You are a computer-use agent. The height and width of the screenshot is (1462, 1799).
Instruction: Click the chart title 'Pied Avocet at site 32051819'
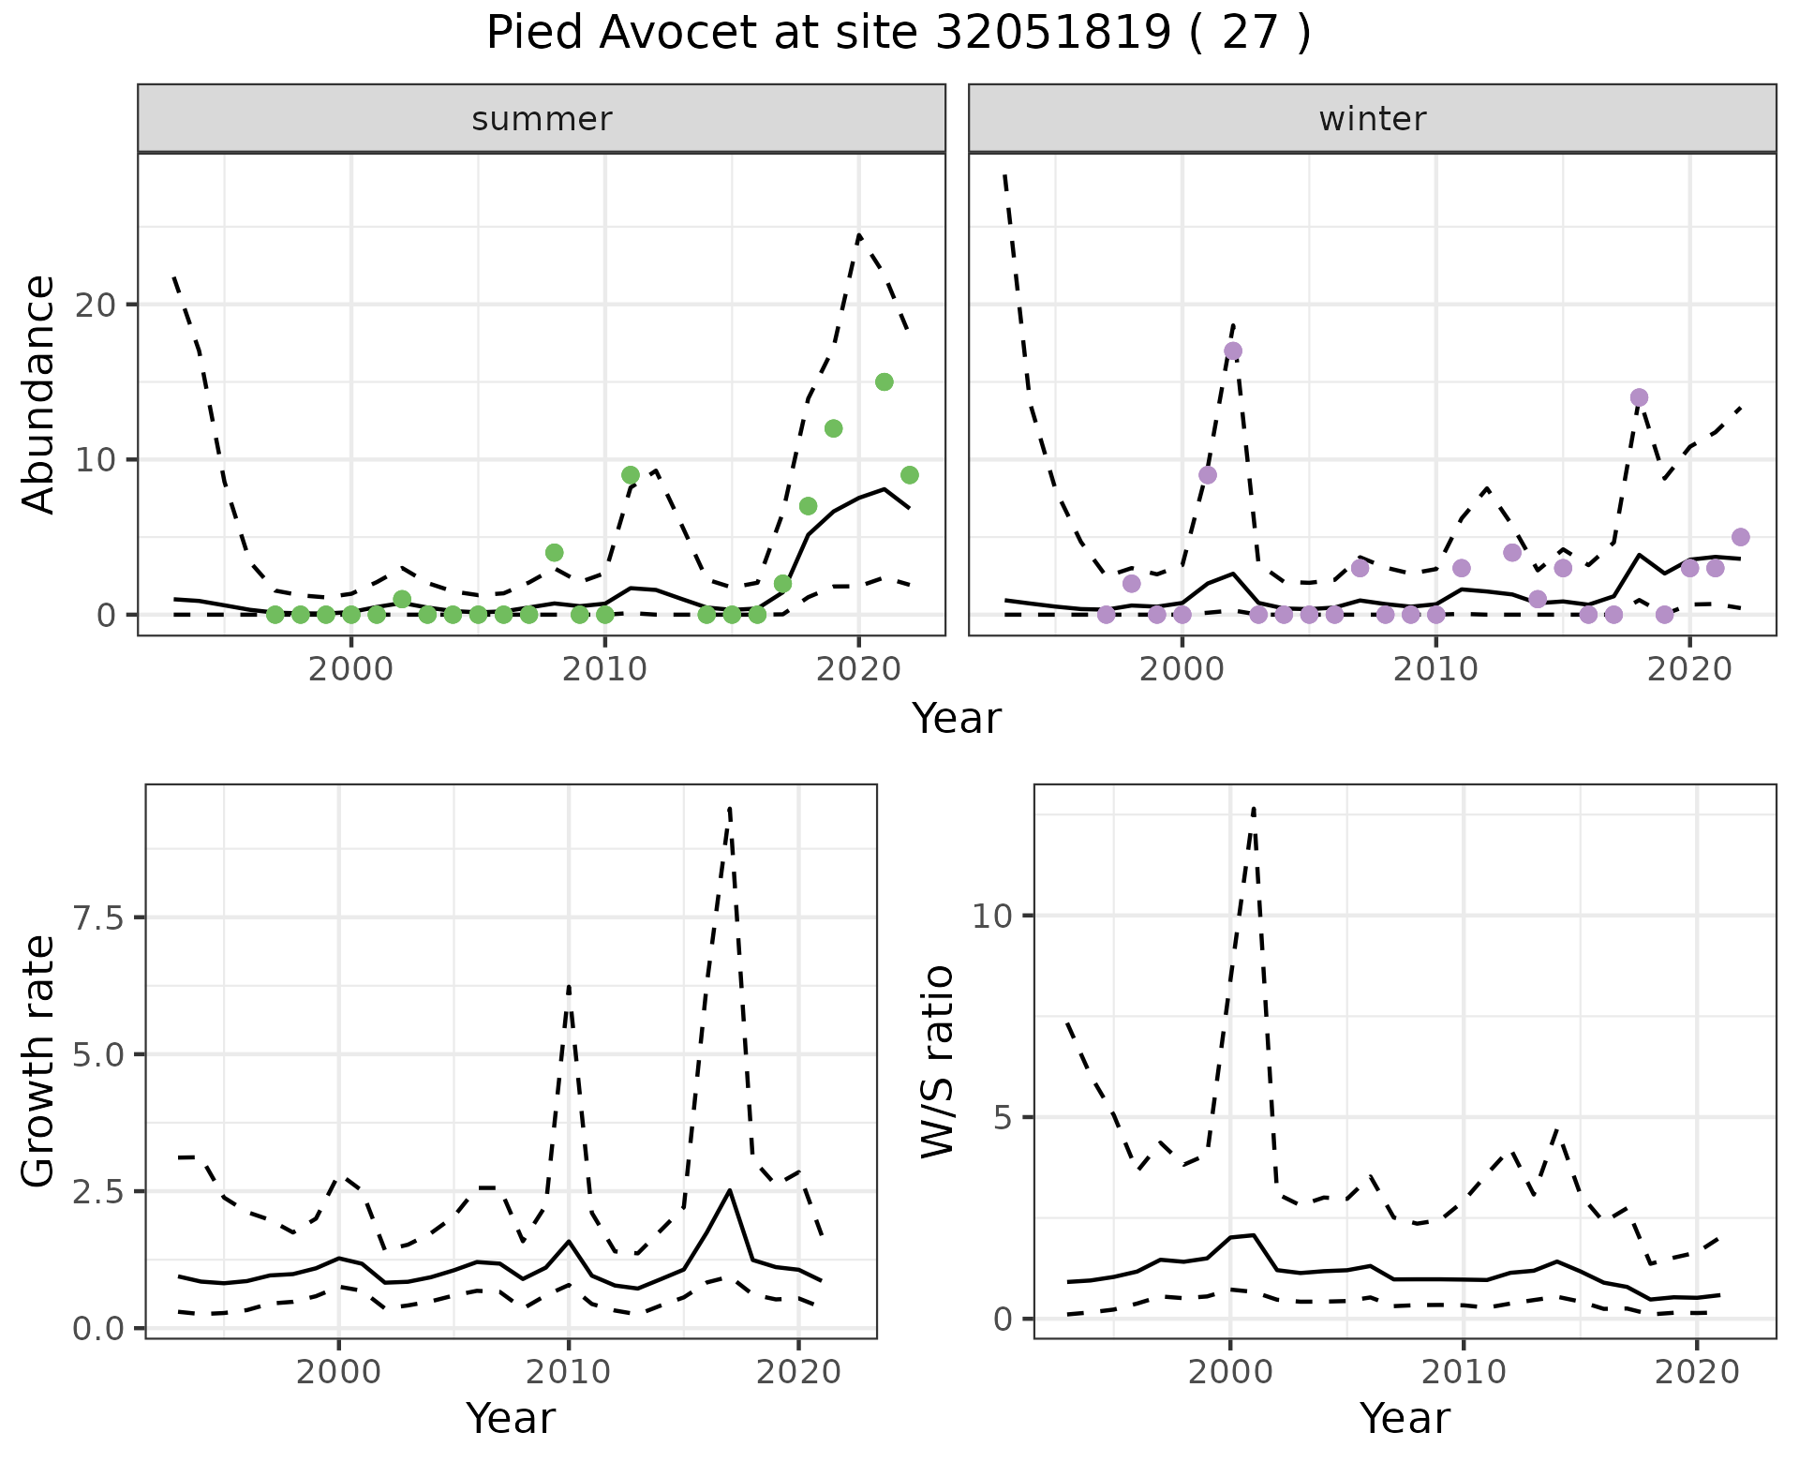click(x=898, y=34)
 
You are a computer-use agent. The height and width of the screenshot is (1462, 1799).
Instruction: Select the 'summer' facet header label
click(x=542, y=119)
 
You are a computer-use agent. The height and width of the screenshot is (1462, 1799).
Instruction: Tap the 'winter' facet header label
click(x=1372, y=119)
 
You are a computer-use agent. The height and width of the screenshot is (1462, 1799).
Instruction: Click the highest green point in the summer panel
click(x=884, y=381)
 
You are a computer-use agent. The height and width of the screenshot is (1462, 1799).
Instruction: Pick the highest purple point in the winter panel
click(x=1233, y=351)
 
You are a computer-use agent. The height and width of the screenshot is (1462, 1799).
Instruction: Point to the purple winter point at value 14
click(x=1639, y=397)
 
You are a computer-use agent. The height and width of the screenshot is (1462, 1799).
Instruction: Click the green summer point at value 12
click(x=833, y=428)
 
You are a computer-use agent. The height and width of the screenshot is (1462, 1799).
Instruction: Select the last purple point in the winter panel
click(x=1740, y=537)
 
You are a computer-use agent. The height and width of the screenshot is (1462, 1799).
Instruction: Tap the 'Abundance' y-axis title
click(x=39, y=395)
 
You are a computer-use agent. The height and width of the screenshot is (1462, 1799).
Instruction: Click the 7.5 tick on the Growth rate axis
click(x=97, y=917)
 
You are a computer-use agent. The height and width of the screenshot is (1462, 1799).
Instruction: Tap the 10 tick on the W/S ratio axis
click(x=992, y=916)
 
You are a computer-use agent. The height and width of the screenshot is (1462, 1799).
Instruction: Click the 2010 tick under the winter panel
click(x=1435, y=669)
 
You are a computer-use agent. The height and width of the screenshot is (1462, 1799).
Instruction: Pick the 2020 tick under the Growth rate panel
click(x=797, y=1372)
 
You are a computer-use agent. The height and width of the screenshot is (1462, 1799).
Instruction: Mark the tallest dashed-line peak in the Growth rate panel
click(x=729, y=806)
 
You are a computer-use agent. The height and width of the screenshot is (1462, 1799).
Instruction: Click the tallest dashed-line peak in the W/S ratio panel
click(x=1253, y=807)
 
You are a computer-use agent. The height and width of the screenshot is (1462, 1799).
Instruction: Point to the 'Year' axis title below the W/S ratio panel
click(x=1405, y=1418)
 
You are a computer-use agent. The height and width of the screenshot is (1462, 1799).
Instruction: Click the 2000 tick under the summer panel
click(x=351, y=669)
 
